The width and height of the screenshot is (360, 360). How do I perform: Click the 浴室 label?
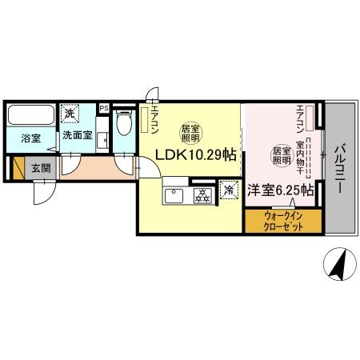30,135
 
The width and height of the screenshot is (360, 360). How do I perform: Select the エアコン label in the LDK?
154,119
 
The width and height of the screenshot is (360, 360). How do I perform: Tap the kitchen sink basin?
174,194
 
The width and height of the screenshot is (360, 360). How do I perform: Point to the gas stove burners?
202,194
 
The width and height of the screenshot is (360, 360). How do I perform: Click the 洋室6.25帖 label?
274,190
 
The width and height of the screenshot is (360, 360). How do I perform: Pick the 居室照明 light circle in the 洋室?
281,154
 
